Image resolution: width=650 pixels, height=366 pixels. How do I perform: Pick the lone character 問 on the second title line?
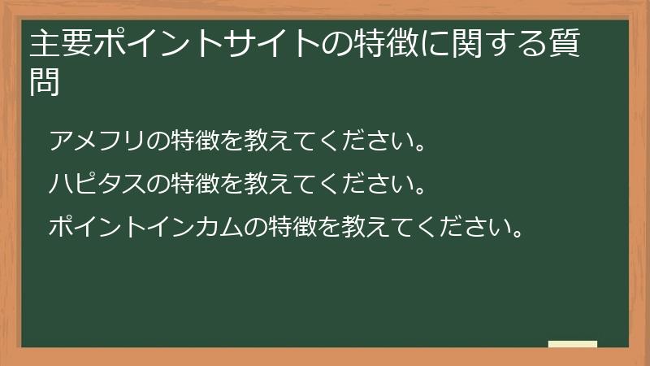tap(45, 82)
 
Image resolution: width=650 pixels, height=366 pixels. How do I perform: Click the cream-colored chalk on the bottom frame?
tap(572, 344)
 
